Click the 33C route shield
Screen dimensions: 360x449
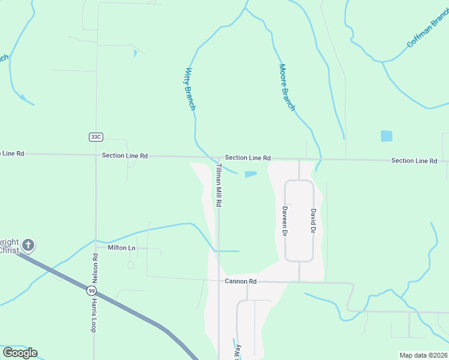click(95, 137)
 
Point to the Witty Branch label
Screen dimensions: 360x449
click(190, 89)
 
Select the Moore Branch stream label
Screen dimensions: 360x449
click(287, 88)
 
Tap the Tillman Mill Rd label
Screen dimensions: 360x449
click(219, 185)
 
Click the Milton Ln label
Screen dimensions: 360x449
click(122, 247)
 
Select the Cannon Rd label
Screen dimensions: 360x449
click(241, 281)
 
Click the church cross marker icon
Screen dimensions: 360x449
click(28, 245)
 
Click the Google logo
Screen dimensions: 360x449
click(20, 353)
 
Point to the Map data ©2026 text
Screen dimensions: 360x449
click(423, 355)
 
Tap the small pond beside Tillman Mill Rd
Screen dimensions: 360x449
click(250, 175)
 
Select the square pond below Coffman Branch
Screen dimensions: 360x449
click(387, 136)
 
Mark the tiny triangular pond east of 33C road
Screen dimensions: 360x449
click(135, 53)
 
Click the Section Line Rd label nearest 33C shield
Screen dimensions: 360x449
click(125, 155)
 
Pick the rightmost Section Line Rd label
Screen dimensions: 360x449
click(414, 161)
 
